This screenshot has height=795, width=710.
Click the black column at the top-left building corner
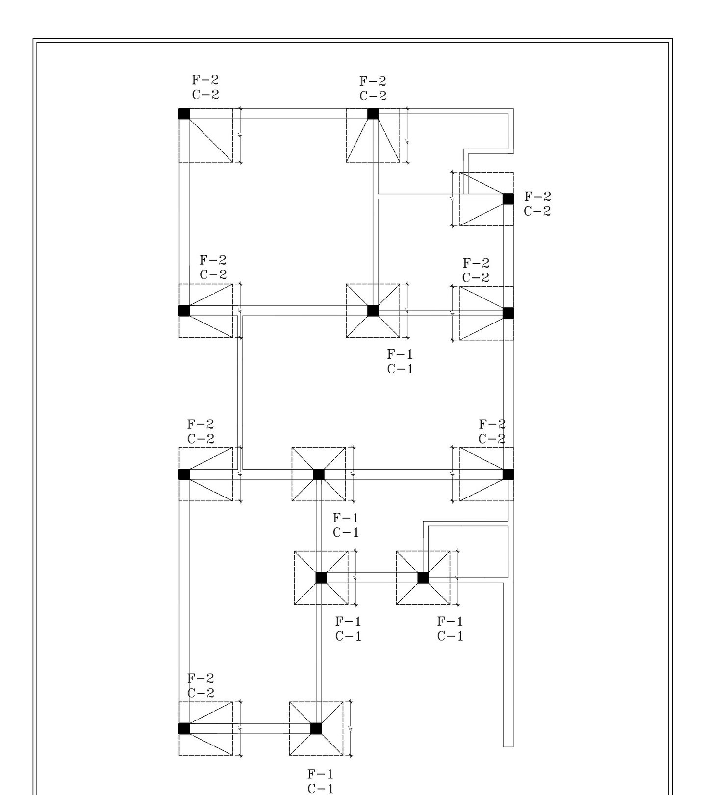[184, 114]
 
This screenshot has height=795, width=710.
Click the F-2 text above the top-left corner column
[205, 80]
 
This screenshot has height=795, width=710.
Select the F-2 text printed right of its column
[537, 197]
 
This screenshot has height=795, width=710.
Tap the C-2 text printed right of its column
[537, 211]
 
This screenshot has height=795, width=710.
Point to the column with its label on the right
[508, 199]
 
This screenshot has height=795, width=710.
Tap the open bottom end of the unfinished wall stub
[508, 746]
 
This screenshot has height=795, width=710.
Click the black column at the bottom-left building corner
[184, 728]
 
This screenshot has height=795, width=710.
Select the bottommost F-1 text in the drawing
[320, 774]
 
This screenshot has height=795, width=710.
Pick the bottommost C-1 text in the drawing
[320, 789]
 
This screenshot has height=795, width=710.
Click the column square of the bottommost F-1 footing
[316, 728]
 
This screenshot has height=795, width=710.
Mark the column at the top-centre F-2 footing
[373, 114]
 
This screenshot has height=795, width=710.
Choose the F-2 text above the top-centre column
[373, 81]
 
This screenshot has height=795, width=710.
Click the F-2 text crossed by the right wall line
[492, 424]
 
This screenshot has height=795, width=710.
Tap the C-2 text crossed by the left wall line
[201, 694]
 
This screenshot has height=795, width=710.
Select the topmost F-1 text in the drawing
[400, 354]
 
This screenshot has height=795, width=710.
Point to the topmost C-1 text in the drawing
[400, 369]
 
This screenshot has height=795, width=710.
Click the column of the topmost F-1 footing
[373, 311]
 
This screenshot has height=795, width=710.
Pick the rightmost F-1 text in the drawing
[450, 621]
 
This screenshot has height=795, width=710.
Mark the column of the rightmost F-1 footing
[423, 578]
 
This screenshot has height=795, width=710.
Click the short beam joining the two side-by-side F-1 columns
[372, 578]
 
